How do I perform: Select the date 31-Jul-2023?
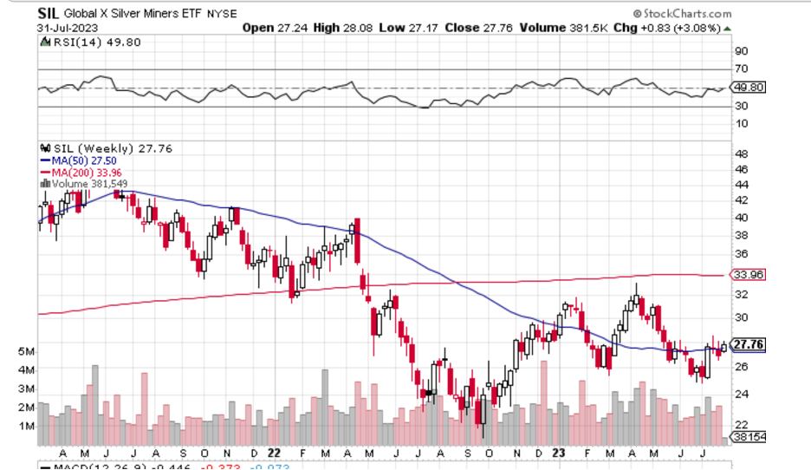click(65, 27)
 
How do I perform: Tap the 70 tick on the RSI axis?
click(741, 69)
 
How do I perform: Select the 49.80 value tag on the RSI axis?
click(749, 88)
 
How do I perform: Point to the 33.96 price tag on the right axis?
click(749, 275)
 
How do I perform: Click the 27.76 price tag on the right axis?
click(749, 344)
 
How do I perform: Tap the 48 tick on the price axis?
click(741, 153)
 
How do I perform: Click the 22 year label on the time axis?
click(274, 452)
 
